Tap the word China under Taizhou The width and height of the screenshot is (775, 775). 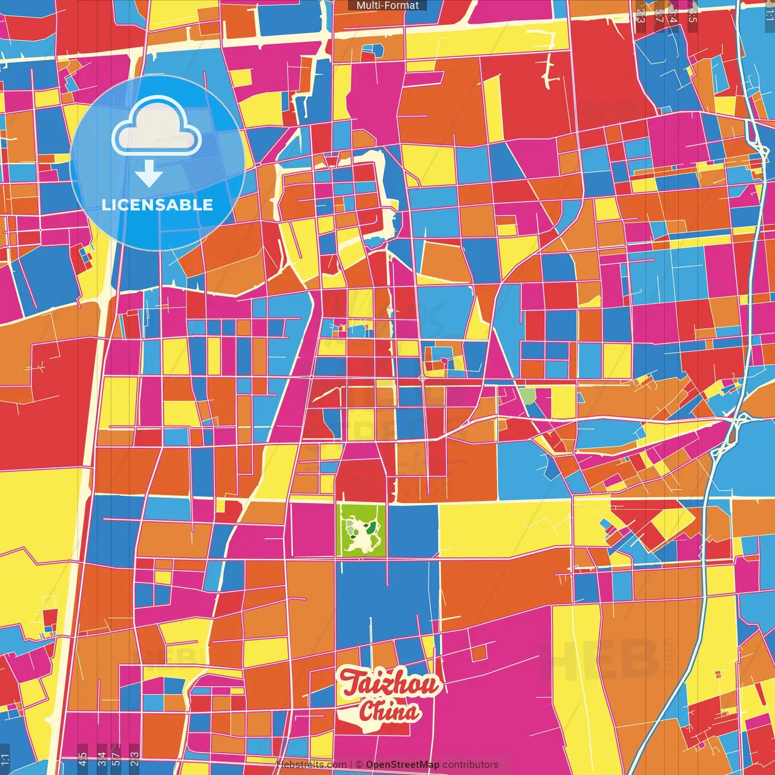pos(389,711)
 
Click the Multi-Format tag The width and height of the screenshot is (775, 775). pos(387,5)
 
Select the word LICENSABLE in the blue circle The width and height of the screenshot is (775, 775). pos(157,205)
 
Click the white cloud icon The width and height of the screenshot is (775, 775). pos(157,128)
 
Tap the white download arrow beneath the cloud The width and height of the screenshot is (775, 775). pos(149,174)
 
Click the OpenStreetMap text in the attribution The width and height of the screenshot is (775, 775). pos(402,765)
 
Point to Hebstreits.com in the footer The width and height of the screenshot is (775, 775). pos(311,765)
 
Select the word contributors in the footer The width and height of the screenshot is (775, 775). pos(470,765)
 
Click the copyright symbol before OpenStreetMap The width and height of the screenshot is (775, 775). pos(359,765)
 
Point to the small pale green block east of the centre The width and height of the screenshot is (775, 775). pos(527,396)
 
